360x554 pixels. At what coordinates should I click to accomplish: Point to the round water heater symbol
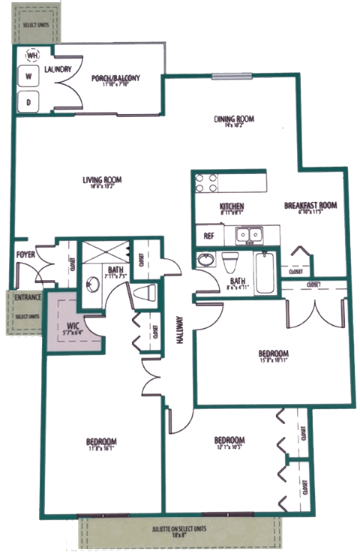(x=32, y=55)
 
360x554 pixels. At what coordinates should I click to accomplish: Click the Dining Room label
(x=228, y=119)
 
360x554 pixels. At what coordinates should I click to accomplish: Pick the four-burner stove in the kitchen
(x=207, y=182)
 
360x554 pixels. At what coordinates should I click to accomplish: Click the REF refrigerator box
(x=209, y=236)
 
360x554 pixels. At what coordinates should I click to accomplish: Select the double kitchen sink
(x=247, y=236)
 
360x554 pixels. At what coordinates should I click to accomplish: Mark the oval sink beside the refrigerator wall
(x=203, y=261)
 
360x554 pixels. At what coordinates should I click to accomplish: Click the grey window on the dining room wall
(x=226, y=76)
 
